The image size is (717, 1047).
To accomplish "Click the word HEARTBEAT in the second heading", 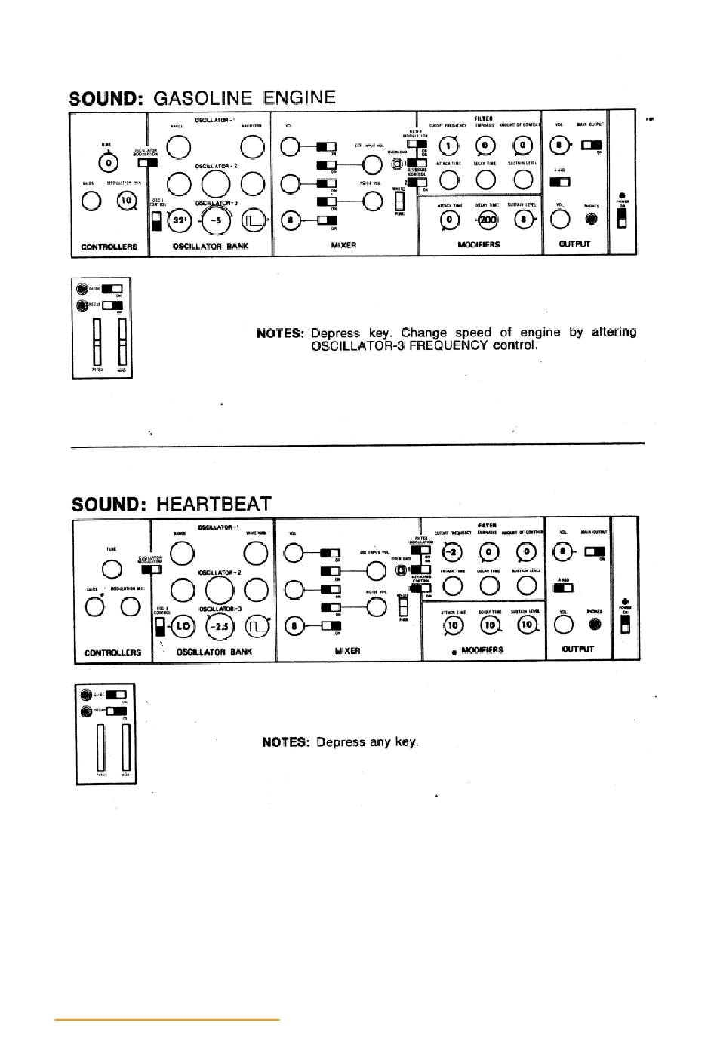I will [214, 504].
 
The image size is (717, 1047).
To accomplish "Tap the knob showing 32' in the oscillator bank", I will [180, 220].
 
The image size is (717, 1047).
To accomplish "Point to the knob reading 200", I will [488, 220].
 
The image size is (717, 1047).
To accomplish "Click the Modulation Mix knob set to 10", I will [127, 201].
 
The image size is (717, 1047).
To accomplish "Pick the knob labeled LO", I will [183, 625].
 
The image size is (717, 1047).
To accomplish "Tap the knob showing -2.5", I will [220, 625].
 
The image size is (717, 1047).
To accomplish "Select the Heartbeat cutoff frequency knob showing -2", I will [452, 552].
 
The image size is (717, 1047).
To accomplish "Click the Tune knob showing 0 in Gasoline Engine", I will [109, 162].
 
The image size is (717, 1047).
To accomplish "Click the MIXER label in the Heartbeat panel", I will [347, 650].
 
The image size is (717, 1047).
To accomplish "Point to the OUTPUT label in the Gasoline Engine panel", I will [574, 244].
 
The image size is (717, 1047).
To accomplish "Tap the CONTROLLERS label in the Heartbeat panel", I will [112, 652].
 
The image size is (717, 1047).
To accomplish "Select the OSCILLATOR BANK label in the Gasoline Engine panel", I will [210, 246].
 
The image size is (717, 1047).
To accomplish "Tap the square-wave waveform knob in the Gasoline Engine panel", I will [253, 220].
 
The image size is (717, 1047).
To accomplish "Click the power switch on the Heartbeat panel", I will [625, 625].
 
